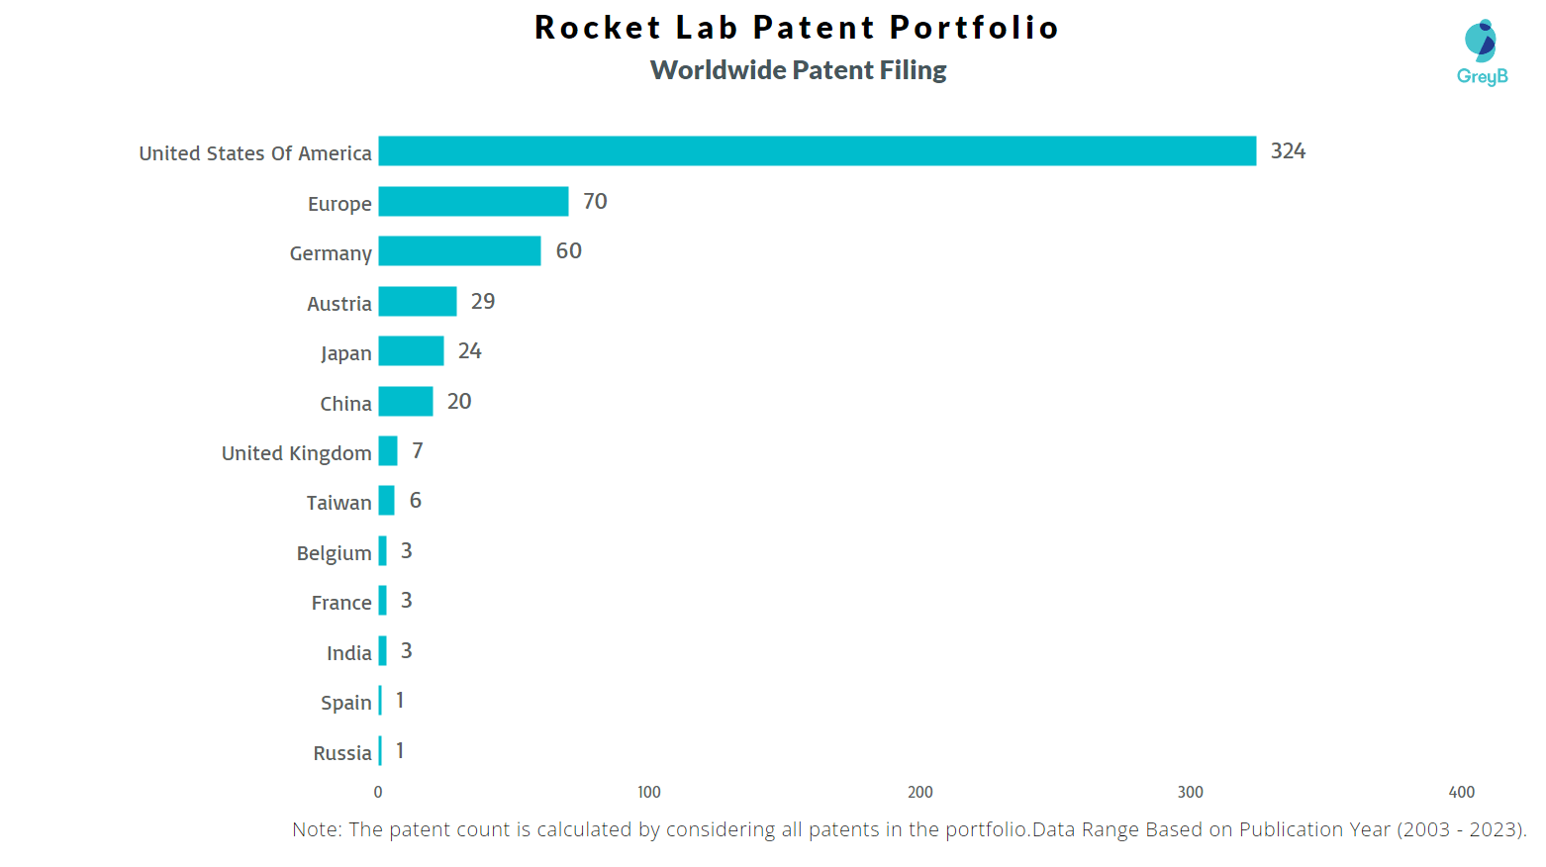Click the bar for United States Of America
coord(817,151)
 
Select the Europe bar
coord(473,202)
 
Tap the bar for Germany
coord(459,251)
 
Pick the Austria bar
coord(417,302)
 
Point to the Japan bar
coord(411,351)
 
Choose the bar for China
coord(405,402)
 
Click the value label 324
coord(1288,151)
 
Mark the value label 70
coord(595,202)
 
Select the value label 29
coord(483,302)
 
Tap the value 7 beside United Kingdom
coord(418,451)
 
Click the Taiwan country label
coord(338,503)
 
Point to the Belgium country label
coord(334,553)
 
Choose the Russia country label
coord(341,753)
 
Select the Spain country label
coord(345,703)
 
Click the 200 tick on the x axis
coord(919,792)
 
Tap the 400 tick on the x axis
coord(1461,792)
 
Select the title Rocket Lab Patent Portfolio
coord(797,28)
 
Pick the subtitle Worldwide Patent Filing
coord(798,70)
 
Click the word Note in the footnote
coord(315,829)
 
